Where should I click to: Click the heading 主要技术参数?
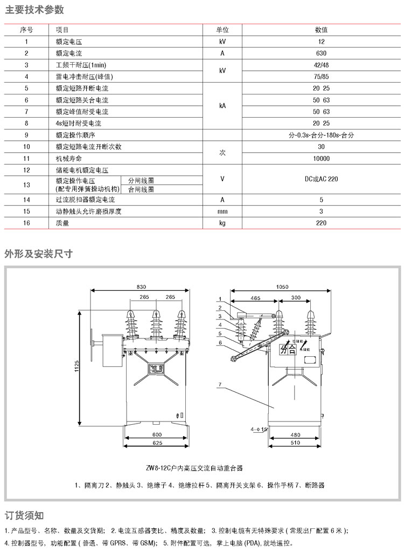tap(34, 10)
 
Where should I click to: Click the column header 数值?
tap(321, 30)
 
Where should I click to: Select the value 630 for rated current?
tap(321, 53)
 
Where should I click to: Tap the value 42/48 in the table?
tap(321, 65)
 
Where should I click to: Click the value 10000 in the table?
tap(321, 158)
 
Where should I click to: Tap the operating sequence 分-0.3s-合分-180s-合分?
tap(321, 135)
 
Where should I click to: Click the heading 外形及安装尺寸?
tap(38, 253)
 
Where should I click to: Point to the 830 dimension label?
tap(141, 286)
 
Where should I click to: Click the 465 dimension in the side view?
tap(255, 298)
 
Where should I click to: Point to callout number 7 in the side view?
tap(220, 384)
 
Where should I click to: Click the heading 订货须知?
tap(24, 515)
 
